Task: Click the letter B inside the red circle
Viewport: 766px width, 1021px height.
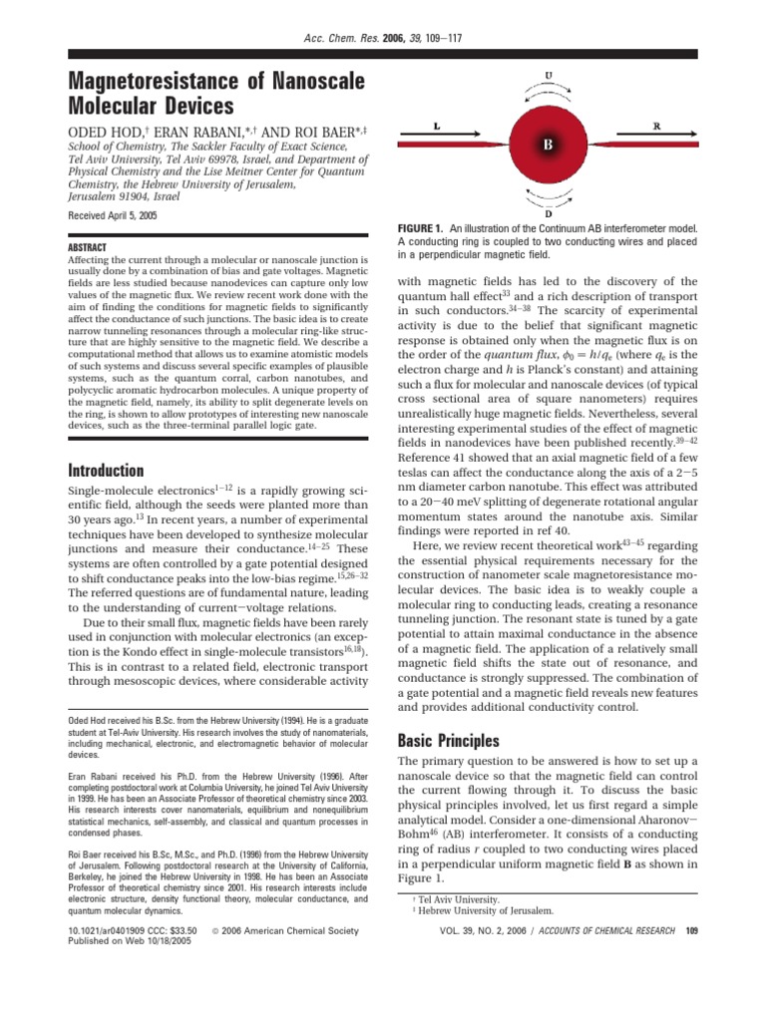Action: point(548,145)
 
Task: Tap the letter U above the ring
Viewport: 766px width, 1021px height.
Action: point(549,75)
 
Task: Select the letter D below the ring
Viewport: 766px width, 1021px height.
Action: point(548,212)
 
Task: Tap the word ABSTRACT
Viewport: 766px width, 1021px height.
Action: point(87,246)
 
